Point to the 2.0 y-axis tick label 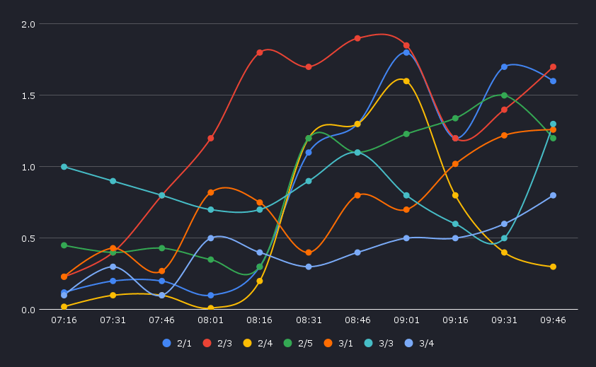28,24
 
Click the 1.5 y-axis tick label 28,95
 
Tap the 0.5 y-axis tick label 28,238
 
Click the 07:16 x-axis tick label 64,320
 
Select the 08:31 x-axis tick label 309,320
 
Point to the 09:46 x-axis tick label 553,320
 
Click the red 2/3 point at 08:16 260,52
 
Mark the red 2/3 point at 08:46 357,38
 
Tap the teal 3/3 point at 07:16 64,167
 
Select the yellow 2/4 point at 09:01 406,81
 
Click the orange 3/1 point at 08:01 211,192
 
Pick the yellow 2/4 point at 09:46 553,267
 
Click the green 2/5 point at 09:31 504,95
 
